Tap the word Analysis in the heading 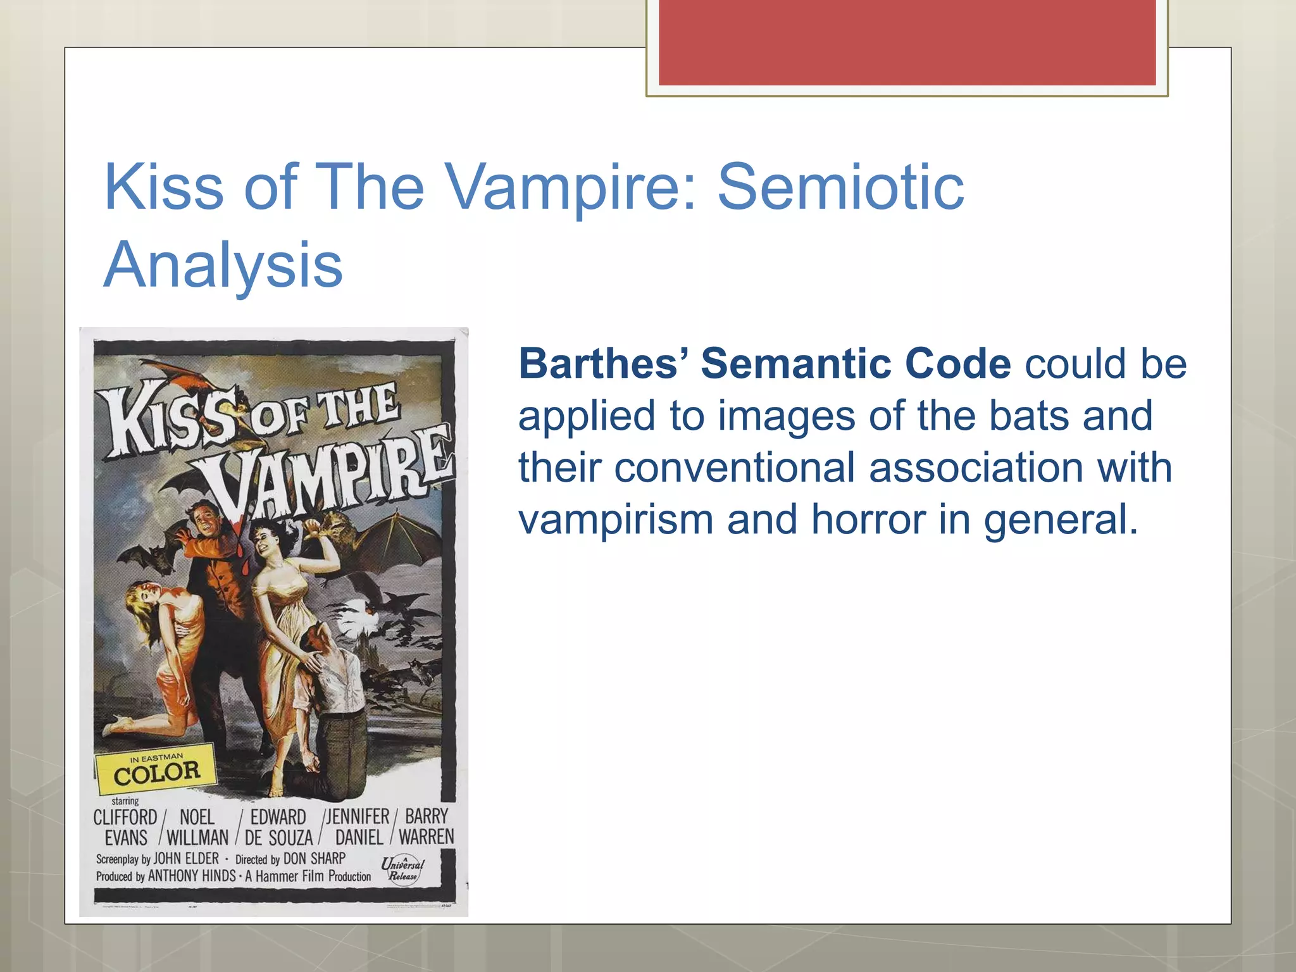coord(223,265)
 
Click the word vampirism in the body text coord(615,520)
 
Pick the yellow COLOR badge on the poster coord(156,771)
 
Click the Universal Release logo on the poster coord(402,868)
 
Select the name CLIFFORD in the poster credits coord(125,817)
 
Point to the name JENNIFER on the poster coord(358,816)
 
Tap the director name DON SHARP coord(314,858)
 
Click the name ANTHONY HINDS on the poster coord(191,876)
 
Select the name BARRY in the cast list coord(427,816)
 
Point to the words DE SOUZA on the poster coord(278,838)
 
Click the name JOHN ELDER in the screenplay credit coord(186,858)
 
